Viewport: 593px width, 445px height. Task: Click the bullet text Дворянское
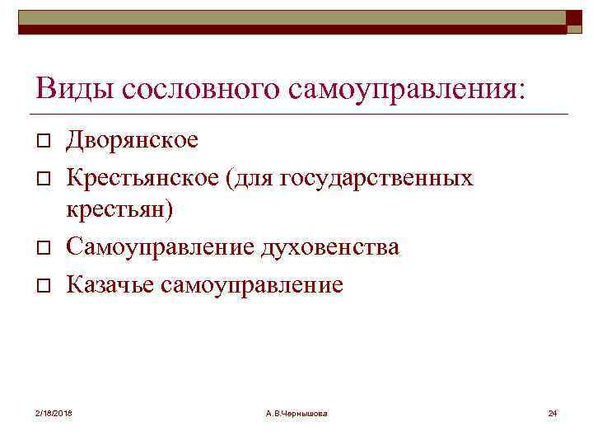coord(132,140)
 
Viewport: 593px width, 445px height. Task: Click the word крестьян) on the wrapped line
coord(119,210)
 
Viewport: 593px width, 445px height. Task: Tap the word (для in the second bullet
coord(241,177)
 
